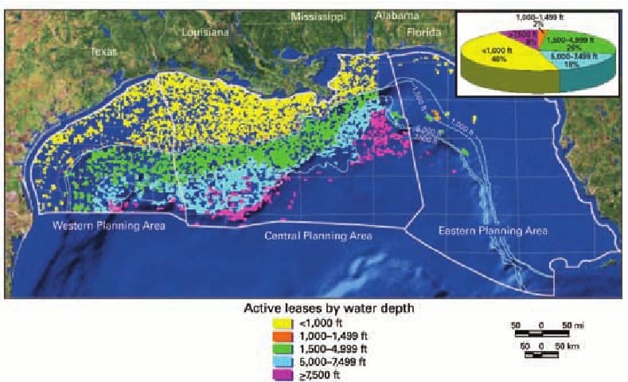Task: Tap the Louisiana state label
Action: point(205,33)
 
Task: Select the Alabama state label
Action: point(399,16)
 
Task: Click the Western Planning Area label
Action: point(109,226)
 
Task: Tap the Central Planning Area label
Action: point(315,236)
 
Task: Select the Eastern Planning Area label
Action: point(493,231)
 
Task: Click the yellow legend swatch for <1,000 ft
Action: point(281,323)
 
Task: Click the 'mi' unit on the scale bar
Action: point(579,325)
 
